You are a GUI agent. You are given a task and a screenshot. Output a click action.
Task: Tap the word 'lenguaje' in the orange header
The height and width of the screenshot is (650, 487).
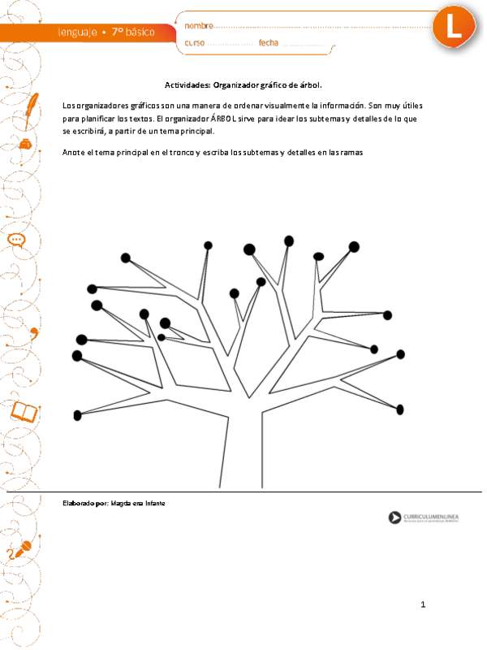tap(78, 32)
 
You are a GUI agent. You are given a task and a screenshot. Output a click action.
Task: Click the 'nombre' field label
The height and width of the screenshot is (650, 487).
tap(199, 26)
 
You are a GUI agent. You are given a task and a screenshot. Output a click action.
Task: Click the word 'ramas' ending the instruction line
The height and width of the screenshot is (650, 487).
tap(351, 152)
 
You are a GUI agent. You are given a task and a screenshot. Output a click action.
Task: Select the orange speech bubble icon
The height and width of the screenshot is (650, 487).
tap(19, 240)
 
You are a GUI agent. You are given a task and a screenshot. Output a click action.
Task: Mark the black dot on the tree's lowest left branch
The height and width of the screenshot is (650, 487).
tap(78, 415)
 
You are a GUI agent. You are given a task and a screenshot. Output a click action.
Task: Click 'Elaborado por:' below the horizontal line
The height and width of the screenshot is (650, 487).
tap(85, 504)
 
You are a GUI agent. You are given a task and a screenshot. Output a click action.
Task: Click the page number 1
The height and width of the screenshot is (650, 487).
tap(423, 604)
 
